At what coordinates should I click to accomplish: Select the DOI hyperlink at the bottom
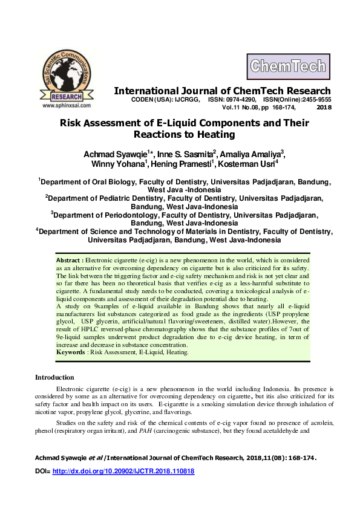(x=124, y=470)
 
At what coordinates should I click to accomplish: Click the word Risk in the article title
(x=71, y=123)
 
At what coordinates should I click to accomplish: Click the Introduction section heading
(x=54, y=377)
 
